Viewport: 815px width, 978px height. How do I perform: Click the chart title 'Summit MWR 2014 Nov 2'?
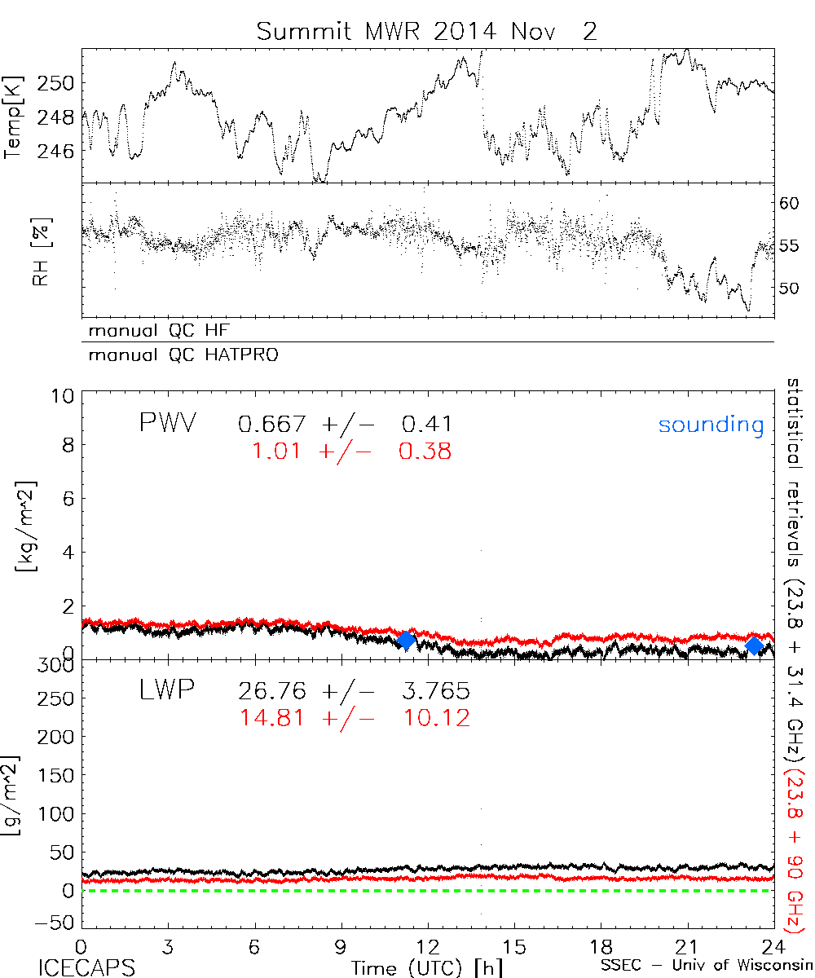(426, 31)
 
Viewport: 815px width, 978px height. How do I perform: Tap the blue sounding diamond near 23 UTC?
(754, 645)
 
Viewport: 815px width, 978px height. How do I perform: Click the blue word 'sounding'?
(711, 425)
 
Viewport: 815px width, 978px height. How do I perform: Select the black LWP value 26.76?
(272, 692)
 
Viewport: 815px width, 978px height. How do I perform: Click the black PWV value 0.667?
(272, 424)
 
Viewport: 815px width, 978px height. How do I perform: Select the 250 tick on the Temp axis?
(60, 83)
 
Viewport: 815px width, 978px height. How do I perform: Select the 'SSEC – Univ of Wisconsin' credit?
(705, 967)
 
